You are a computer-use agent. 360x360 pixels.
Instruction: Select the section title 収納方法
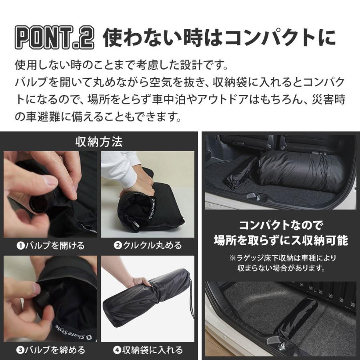click(x=99, y=142)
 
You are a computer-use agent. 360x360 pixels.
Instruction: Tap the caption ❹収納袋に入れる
click(x=148, y=350)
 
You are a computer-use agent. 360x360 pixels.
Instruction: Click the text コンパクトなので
click(x=280, y=224)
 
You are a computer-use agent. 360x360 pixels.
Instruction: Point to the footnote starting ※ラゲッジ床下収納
click(x=280, y=263)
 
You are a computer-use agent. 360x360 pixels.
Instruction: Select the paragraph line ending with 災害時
click(x=180, y=100)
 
